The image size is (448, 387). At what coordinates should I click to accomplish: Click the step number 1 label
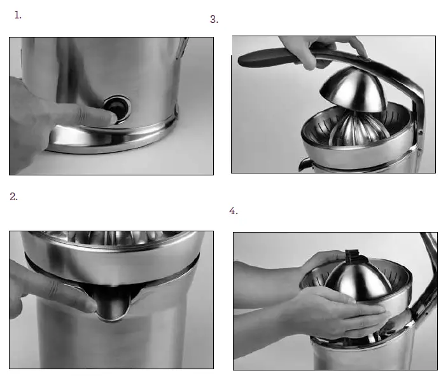pyautogui.click(x=18, y=15)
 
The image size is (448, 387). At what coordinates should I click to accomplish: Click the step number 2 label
pyautogui.click(x=13, y=196)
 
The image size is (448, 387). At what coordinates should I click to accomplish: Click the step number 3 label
pyautogui.click(x=214, y=19)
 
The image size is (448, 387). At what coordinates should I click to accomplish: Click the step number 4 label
pyautogui.click(x=233, y=211)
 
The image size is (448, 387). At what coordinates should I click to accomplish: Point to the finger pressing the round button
pyautogui.click(x=83, y=114)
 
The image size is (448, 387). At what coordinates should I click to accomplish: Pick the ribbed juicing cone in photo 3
pyautogui.click(x=353, y=130)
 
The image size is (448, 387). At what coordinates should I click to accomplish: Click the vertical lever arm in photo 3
pyautogui.click(x=417, y=114)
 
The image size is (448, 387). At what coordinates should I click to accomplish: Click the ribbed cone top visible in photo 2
pyautogui.click(x=115, y=236)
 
